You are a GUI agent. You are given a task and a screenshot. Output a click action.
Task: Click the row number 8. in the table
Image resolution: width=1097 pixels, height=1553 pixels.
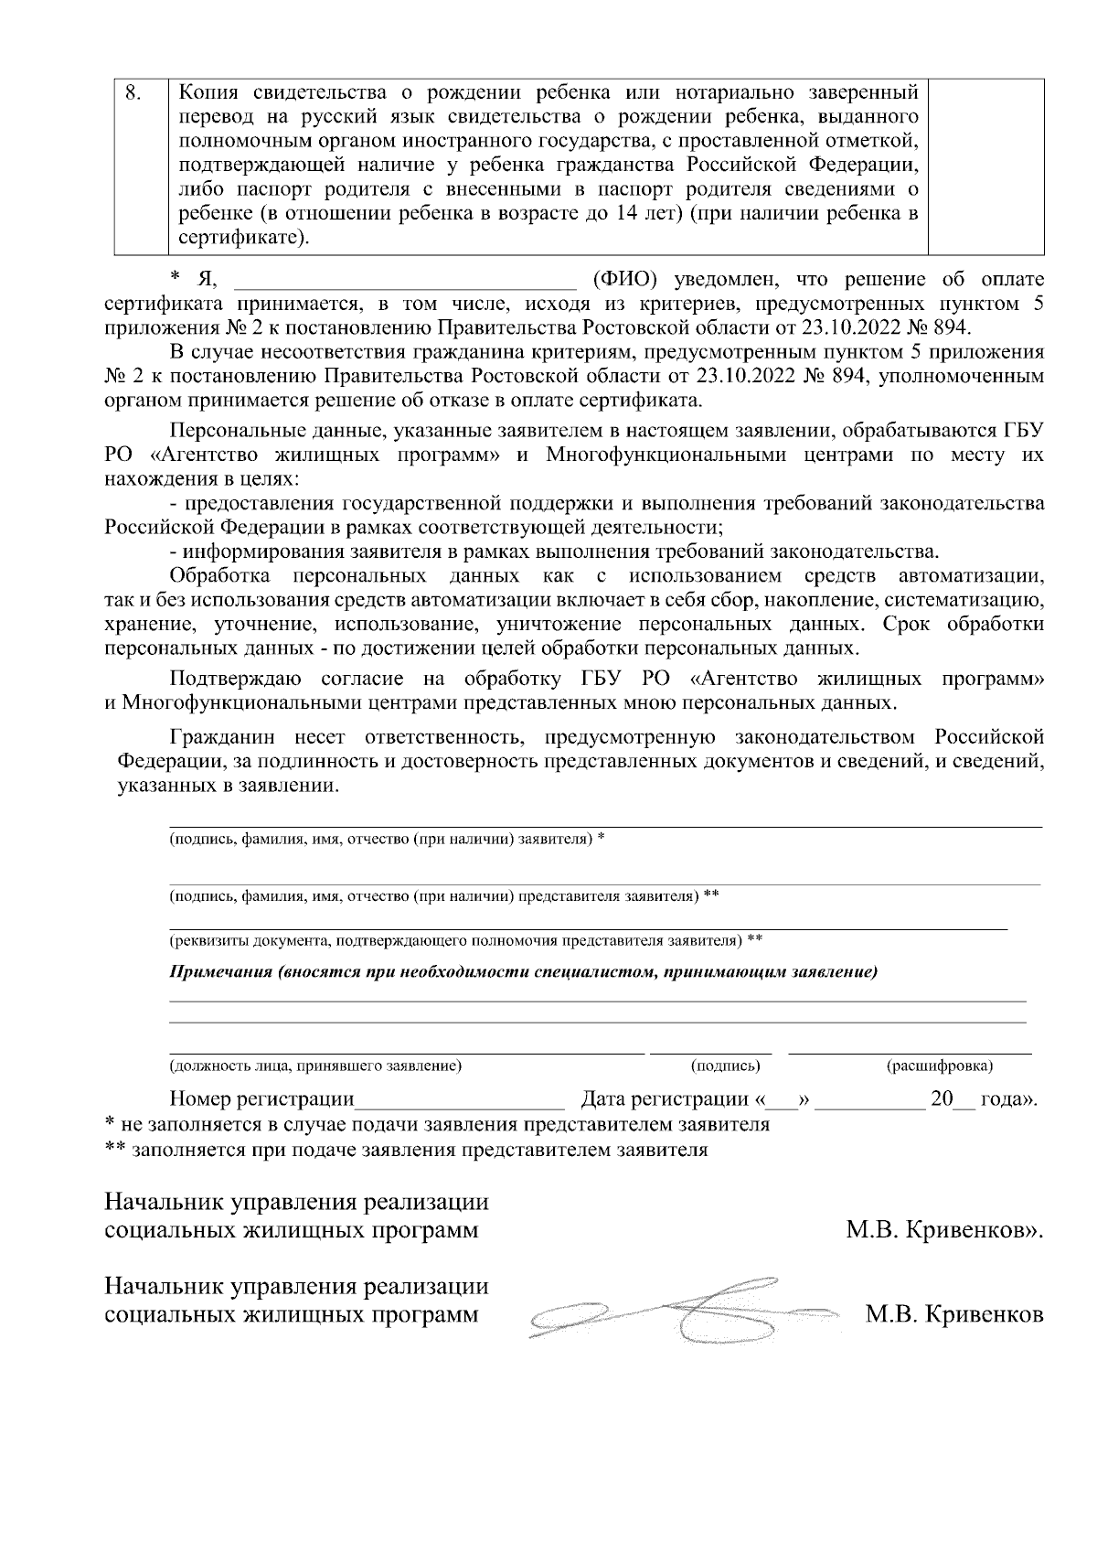point(133,93)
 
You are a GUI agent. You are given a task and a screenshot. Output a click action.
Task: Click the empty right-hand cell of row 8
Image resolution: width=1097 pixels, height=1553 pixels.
point(985,165)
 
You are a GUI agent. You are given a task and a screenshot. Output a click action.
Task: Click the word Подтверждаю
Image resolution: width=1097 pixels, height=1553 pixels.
point(230,680)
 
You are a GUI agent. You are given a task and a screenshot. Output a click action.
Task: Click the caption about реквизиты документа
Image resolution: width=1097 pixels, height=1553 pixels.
point(465,939)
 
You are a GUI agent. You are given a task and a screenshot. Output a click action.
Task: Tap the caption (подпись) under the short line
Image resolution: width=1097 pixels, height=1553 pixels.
point(726,1066)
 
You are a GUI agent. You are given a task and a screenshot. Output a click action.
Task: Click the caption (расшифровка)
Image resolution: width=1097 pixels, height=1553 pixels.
point(940,1066)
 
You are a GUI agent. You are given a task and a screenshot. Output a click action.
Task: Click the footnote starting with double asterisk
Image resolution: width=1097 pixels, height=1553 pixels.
point(407,1150)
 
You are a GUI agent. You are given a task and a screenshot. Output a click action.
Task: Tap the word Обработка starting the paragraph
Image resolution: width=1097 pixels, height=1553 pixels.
point(219,576)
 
